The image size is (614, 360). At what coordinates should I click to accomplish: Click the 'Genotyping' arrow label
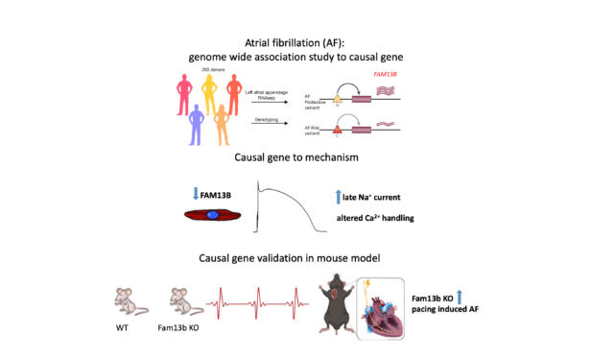[269, 121]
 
